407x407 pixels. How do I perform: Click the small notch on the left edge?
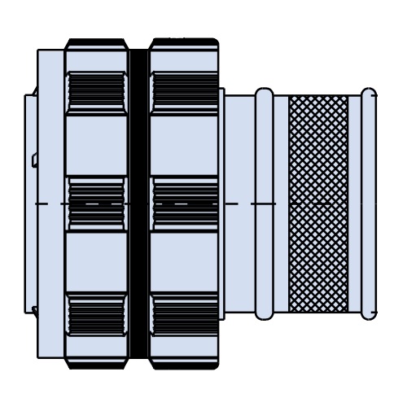click(34, 160)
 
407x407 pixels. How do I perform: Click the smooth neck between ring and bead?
click(240, 163)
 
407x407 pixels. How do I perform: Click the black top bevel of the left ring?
click(96, 43)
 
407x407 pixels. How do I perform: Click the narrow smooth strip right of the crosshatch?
click(355, 163)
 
